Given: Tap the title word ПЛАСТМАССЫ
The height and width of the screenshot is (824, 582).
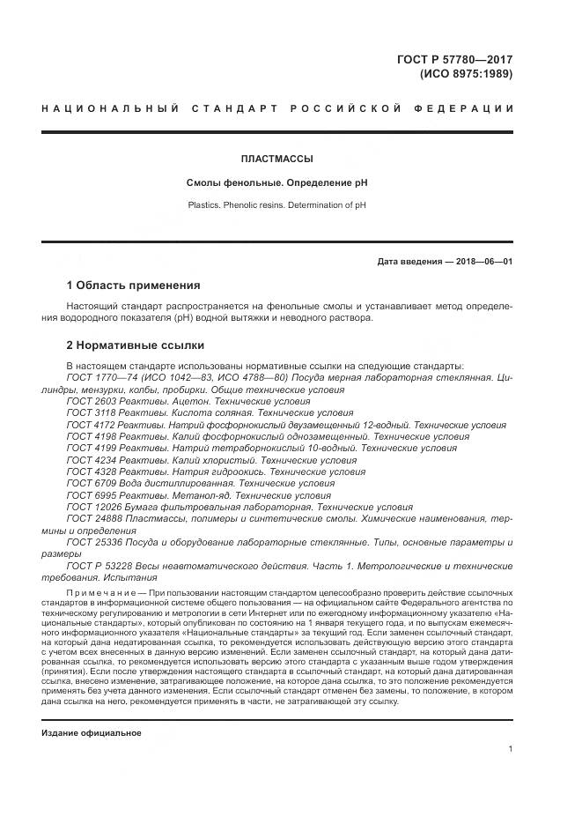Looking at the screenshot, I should click(276, 160).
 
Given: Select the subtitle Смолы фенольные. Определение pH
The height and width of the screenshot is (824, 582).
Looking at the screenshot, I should click(276, 182).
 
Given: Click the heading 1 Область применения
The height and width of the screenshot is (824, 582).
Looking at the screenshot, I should click(133, 286).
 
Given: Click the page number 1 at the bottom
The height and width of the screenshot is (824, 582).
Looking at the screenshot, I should click(511, 749).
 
